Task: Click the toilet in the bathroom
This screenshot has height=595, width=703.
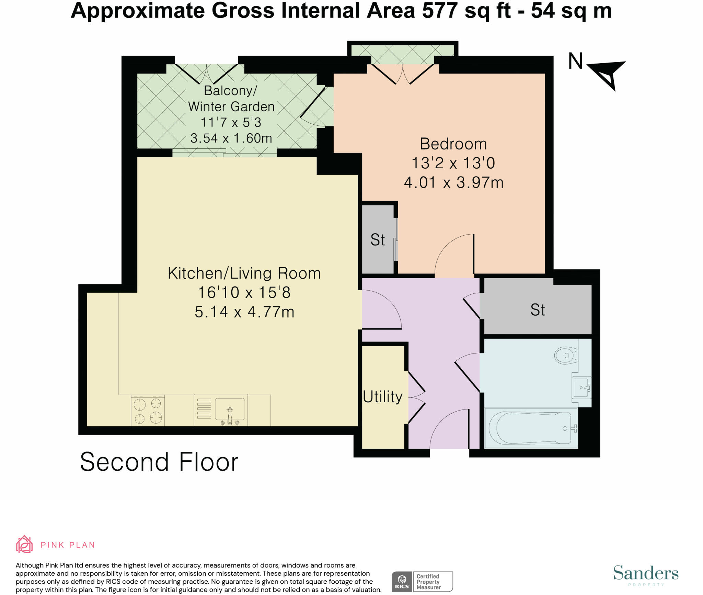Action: (x=566, y=355)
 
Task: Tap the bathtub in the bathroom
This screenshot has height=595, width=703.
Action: (x=531, y=428)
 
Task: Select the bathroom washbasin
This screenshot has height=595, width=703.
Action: (x=581, y=388)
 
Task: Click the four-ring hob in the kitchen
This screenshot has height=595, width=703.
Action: (x=148, y=411)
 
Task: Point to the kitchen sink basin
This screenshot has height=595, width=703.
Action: (x=230, y=409)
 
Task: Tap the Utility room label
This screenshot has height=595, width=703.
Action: (x=383, y=397)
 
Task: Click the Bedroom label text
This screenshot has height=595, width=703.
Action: (x=453, y=144)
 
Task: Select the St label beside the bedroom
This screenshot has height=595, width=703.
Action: (x=378, y=240)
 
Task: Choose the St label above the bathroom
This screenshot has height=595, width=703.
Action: (x=538, y=310)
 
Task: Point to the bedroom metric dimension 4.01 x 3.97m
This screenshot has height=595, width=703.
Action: (x=453, y=182)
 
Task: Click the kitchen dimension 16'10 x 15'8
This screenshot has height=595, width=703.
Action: (x=244, y=292)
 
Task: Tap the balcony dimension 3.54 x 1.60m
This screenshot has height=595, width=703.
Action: (x=231, y=138)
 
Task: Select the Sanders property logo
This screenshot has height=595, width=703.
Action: (x=646, y=575)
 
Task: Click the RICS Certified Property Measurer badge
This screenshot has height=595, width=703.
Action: (x=422, y=582)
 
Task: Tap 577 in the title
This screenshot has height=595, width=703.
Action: (x=440, y=11)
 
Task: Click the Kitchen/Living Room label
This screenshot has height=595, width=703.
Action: (x=244, y=273)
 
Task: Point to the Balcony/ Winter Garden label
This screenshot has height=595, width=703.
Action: (x=231, y=99)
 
